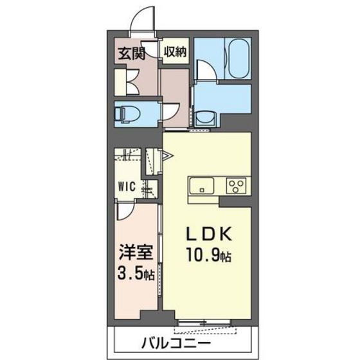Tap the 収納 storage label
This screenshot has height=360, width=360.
tap(174, 53)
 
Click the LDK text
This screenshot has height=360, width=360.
tap(204, 233)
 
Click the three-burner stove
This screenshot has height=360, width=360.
tap(235, 186)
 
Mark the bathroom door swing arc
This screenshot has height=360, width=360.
tap(205, 69)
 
